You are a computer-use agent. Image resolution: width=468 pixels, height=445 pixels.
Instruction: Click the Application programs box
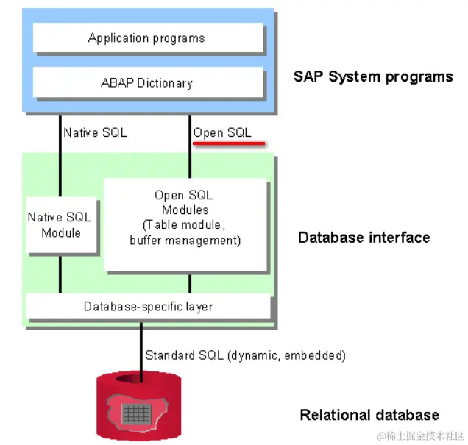[x=146, y=38]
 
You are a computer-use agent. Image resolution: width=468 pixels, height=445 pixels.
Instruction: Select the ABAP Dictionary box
[x=146, y=82]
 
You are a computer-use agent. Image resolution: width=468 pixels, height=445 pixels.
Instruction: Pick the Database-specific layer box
[x=148, y=306]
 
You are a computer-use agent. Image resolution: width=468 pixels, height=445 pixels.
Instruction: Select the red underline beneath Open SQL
[x=228, y=143]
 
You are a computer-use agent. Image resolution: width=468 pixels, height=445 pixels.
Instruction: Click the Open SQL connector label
[x=222, y=133]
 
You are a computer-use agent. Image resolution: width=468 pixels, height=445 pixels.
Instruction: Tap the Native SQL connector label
[x=95, y=133]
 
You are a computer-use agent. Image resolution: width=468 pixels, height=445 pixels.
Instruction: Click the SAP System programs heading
[x=373, y=76]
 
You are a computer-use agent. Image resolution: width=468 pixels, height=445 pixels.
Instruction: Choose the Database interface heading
[x=364, y=238]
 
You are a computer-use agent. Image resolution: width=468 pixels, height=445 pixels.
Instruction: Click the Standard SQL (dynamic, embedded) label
[x=245, y=355]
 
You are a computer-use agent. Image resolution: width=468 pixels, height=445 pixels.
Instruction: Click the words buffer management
[x=185, y=241]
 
